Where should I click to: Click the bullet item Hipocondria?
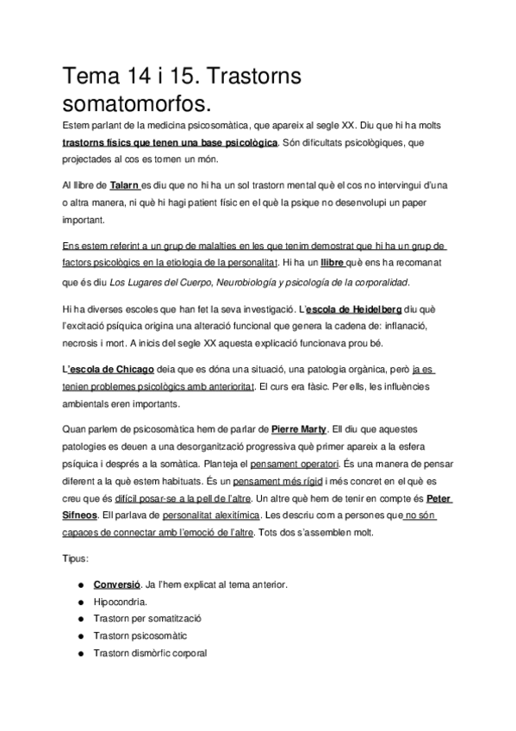coord(120,602)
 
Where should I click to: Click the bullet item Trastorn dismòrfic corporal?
coord(150,653)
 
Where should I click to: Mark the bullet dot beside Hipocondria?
coord(79,602)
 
